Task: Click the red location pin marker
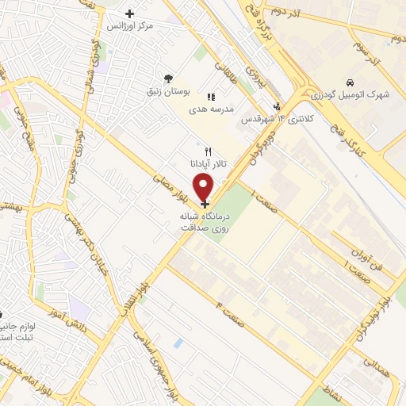(204, 187)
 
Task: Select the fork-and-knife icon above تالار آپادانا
(209, 150)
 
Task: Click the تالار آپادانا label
(208, 163)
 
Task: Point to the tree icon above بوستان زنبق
(167, 79)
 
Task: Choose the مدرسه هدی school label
(210, 109)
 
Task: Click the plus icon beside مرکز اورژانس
(130, 13)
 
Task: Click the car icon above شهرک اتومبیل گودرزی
(349, 82)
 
